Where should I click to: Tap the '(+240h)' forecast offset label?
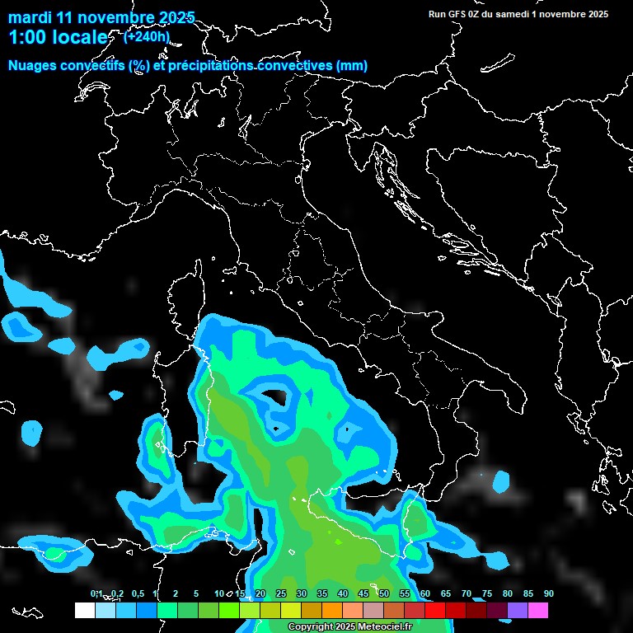pos(147,36)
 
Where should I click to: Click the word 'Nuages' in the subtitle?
pos(32,66)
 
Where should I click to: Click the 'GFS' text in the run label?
pos(457,14)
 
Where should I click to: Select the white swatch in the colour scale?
pos(84,610)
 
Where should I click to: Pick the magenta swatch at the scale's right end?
pos(537,610)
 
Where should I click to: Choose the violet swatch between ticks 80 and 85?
pos(517,610)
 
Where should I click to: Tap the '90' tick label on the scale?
pos(548,593)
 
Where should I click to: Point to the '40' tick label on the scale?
pos(342,593)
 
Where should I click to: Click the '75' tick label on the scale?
pos(486,593)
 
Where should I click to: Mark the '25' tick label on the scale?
pos(280,593)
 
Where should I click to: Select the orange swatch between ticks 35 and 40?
pos(331,610)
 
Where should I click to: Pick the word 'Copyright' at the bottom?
pos(307,627)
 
